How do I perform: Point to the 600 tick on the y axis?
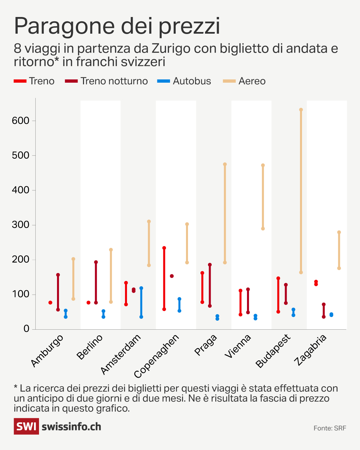pos(21,121)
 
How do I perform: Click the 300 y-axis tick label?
pos(21,225)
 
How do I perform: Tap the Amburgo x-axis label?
pos(47,350)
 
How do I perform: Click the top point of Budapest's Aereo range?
pos(301,110)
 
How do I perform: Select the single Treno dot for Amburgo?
pos(50,303)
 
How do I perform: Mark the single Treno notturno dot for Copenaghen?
pos(172,276)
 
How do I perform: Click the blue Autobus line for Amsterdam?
pos(141,302)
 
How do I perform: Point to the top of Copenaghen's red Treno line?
pos(164,248)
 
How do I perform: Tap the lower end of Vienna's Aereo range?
pos(263,229)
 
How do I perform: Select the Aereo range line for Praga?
pos(225,213)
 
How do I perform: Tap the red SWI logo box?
pos(26,426)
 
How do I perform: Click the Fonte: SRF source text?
pos(330,428)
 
